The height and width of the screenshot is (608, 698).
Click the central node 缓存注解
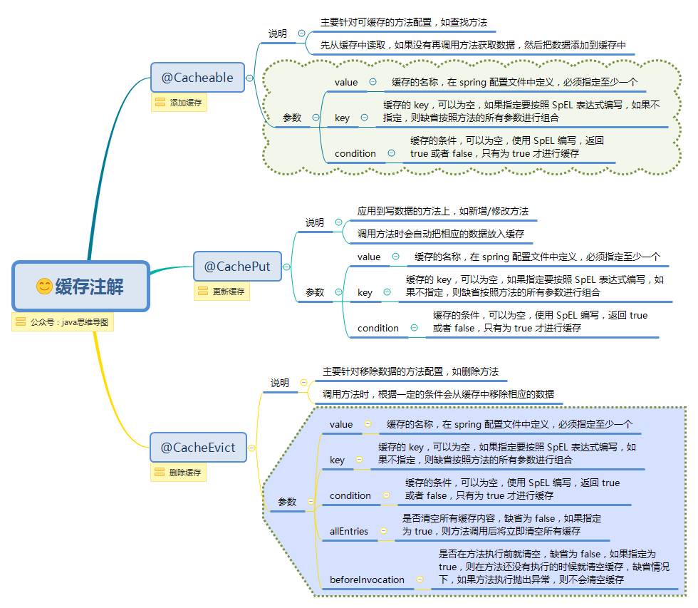pos(80,286)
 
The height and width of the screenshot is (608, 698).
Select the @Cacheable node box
pos(197,78)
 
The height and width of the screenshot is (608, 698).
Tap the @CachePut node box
pos(237,267)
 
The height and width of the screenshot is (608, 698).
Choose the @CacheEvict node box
pos(198,448)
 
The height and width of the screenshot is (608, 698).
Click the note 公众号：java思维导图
pos(63,322)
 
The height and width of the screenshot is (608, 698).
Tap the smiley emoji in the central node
pos(44,287)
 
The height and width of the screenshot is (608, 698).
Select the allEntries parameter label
pos(349,531)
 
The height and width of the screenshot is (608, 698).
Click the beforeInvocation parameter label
pos(367,579)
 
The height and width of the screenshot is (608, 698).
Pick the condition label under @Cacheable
pos(355,153)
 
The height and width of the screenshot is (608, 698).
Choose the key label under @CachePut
pos(365,292)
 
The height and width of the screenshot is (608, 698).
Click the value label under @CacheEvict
pos(341,424)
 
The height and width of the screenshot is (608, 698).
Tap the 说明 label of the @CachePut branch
pos(315,222)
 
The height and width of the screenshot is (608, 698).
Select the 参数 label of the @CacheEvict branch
pos(287,502)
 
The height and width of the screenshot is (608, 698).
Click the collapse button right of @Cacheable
pos(249,78)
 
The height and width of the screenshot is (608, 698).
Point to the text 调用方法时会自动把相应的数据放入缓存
pos(440,234)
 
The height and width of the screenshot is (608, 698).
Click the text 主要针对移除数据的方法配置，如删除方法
pos(410,371)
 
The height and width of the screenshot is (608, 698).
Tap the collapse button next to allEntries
pos(383,531)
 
